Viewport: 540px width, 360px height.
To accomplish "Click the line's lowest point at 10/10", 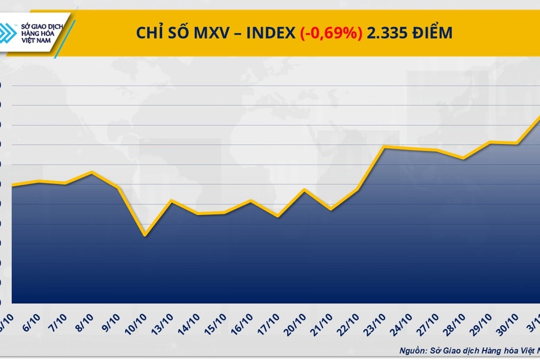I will point(145,235).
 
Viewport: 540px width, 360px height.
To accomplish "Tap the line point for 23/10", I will point(384,147).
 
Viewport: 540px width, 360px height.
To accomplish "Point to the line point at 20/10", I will point(304,190).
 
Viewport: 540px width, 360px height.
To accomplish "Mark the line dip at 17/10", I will point(277,216).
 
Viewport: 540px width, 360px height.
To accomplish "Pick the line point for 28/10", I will point(463,158).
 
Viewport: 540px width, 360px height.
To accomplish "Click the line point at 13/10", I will point(172,200).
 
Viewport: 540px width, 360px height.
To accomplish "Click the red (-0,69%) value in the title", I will point(331,33).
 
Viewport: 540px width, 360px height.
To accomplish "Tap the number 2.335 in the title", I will point(388,33).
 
